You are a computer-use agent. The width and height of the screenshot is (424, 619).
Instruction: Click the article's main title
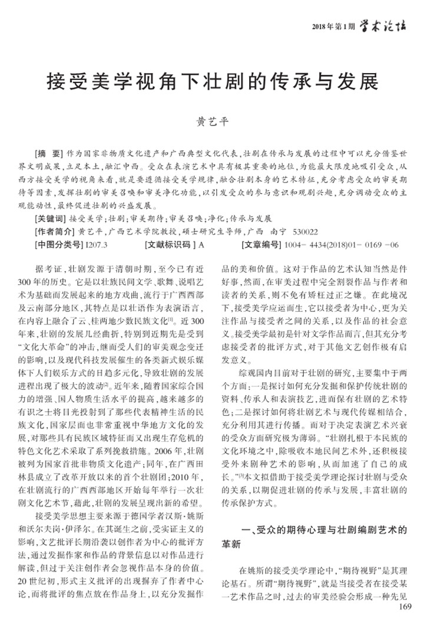tap(212, 80)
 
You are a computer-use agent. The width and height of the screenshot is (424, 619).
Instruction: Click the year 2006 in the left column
tap(161, 456)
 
